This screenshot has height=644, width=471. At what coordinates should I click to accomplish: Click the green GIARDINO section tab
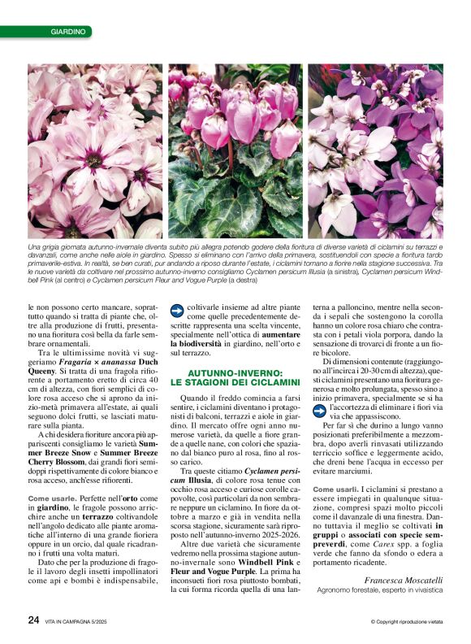[67, 32]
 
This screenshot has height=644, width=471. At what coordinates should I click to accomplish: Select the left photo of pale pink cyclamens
[95, 151]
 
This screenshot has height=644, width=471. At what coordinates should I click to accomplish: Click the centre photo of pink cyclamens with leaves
[235, 151]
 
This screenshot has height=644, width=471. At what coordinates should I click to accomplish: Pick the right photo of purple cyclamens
[375, 151]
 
